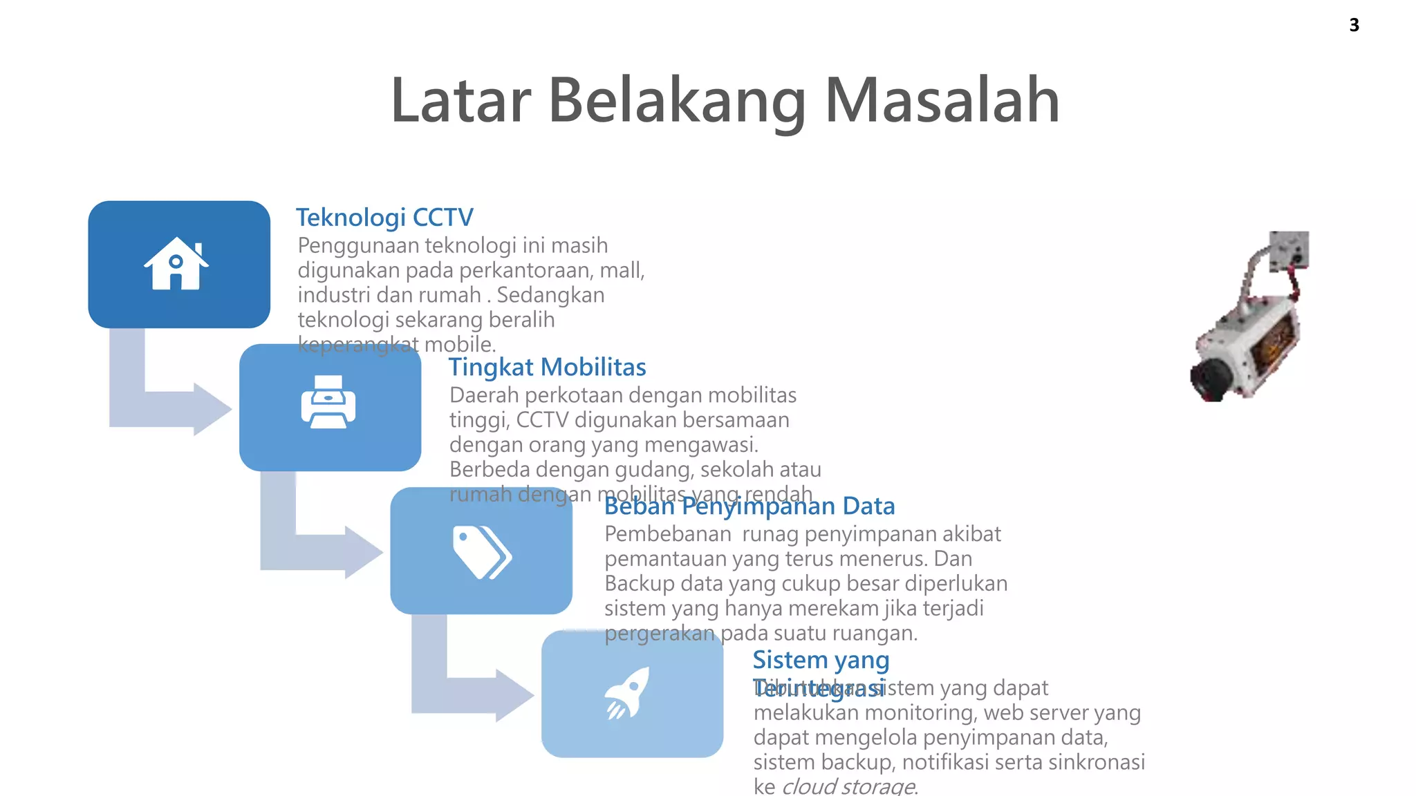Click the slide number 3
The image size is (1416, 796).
[1354, 26]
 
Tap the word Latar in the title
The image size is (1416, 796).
[460, 101]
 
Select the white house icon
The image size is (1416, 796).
[176, 263]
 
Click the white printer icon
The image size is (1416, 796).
[328, 402]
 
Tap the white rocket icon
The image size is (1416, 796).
[628, 692]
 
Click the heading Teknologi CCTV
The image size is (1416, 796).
[384, 218]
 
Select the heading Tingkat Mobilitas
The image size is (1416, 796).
[547, 367]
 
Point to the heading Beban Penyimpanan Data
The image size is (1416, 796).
[749, 506]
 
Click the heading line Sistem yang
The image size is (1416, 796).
[821, 660]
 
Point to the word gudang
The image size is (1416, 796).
[654, 470]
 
